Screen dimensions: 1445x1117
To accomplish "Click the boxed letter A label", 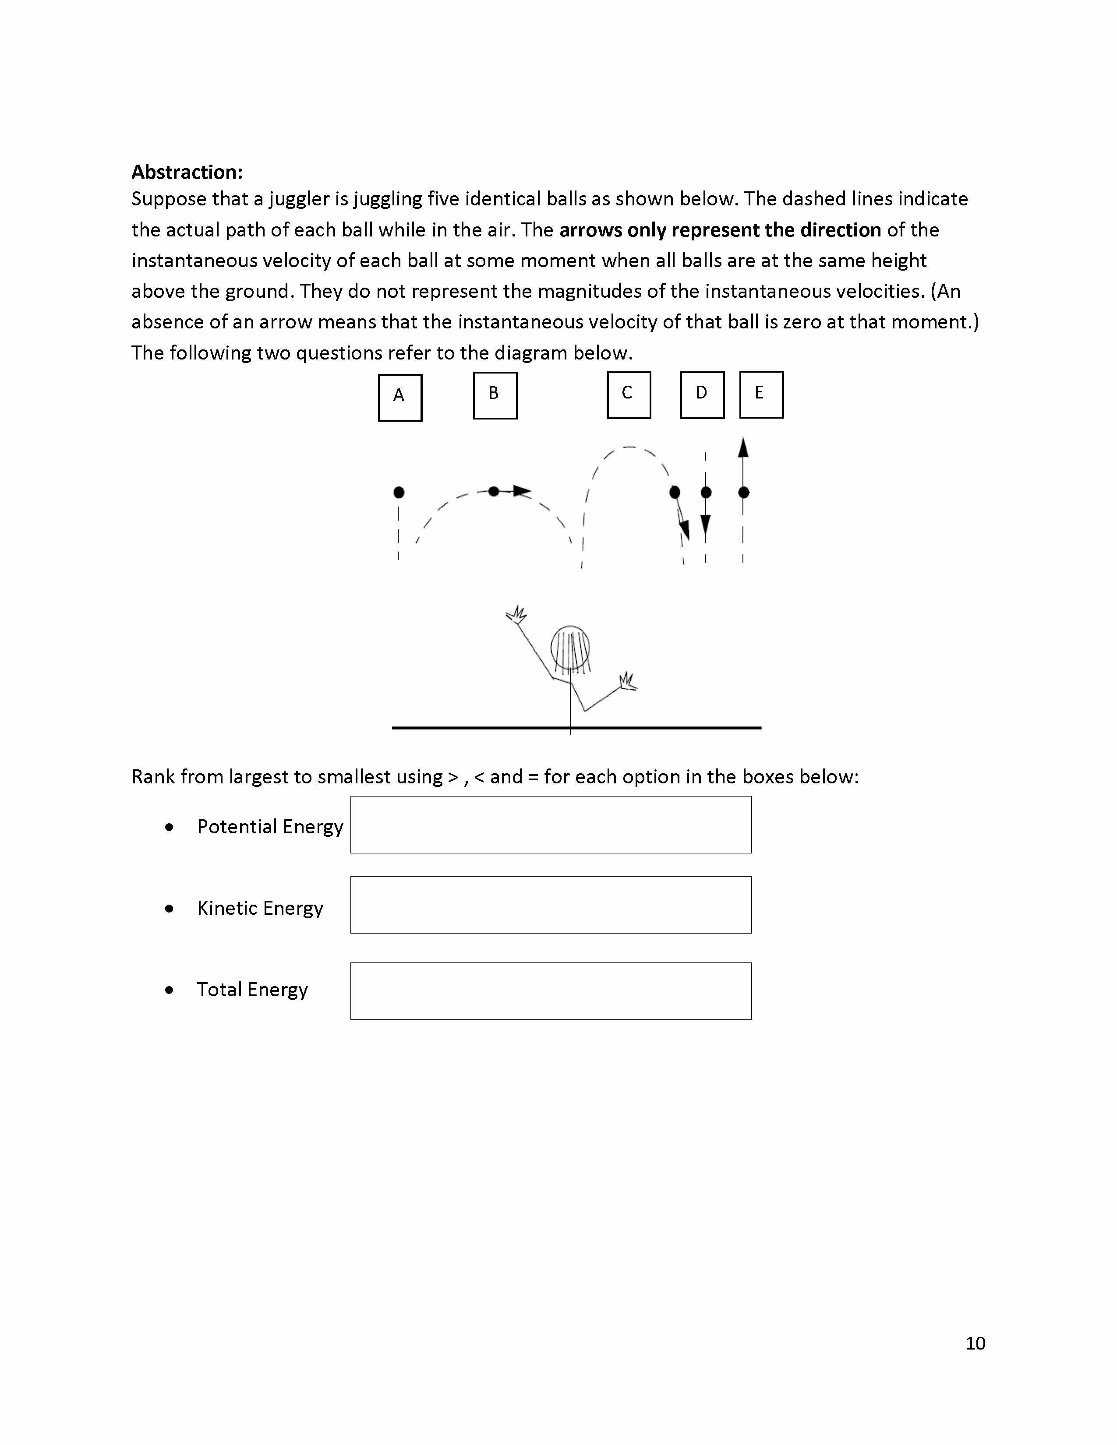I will [399, 397].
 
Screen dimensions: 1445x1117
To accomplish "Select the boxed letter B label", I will [495, 395].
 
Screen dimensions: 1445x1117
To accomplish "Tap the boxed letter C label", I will [629, 395].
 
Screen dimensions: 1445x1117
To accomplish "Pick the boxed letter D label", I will [702, 395].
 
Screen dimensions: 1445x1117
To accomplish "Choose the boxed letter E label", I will [761, 395].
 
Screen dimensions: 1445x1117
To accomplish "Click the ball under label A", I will [398, 492].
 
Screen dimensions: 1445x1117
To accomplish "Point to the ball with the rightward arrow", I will [494, 491].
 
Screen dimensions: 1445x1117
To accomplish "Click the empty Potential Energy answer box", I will [551, 825].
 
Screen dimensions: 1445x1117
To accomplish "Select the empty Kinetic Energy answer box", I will [551, 905].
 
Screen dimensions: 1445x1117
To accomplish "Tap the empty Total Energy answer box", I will [551, 990].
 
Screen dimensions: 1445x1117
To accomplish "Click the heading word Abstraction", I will [187, 172].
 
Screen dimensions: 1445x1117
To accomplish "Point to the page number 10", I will [976, 1343].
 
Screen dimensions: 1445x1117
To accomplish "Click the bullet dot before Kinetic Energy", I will [170, 909].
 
